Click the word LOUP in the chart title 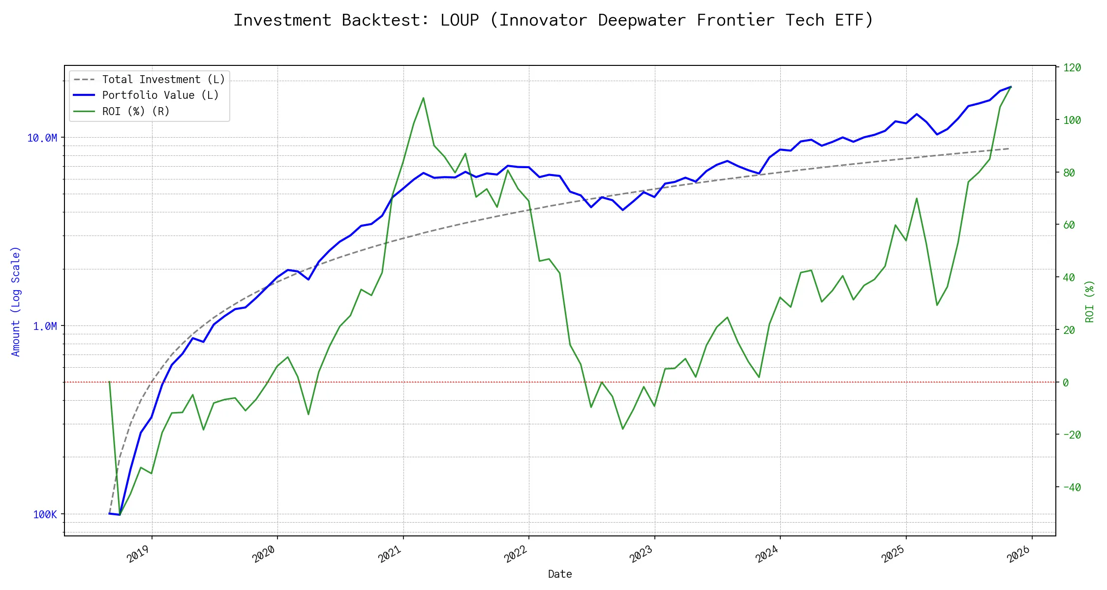tap(459, 20)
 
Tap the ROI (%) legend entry tap(135, 112)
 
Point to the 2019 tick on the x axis tap(138, 554)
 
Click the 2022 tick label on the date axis tap(516, 554)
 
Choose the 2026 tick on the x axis tap(1018, 554)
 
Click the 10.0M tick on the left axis tap(42, 138)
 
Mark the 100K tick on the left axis tap(45, 514)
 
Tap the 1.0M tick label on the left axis tap(45, 326)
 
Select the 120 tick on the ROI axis tap(1072, 68)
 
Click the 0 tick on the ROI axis tap(1066, 383)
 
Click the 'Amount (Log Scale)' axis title tap(16, 301)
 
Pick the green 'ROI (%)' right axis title tap(1090, 301)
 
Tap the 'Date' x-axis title tap(560, 574)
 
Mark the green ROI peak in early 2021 tap(423, 98)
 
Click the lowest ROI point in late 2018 tap(120, 515)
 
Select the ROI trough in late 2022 tap(623, 429)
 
